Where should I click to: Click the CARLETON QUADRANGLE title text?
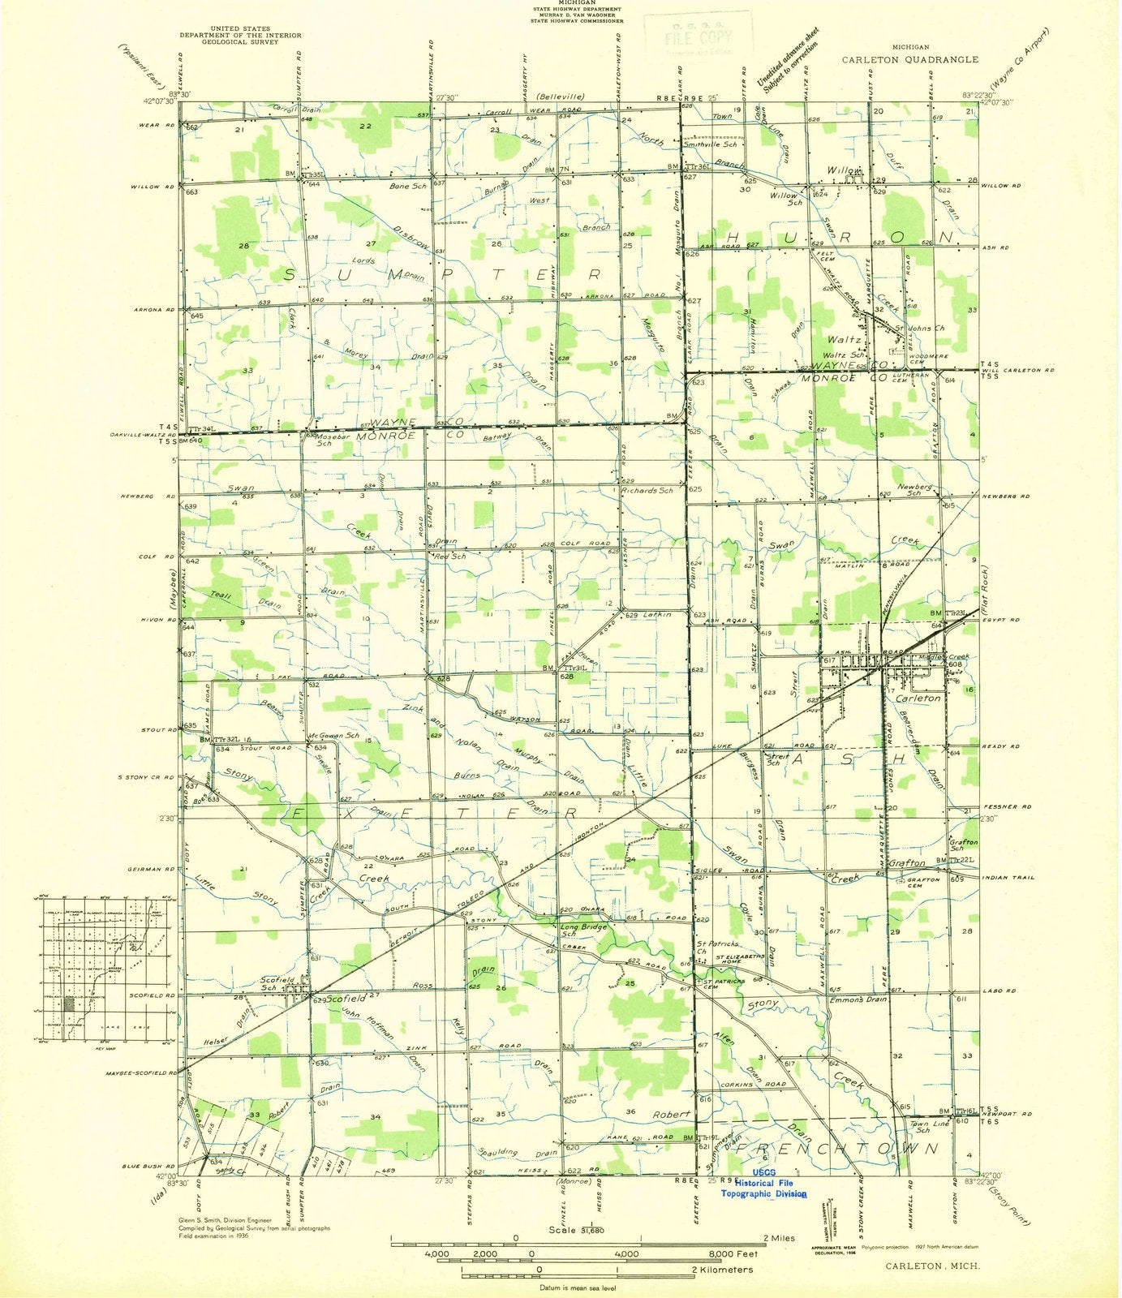910,59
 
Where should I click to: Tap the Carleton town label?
918,698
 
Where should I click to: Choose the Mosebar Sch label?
325,439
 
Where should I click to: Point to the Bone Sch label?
407,186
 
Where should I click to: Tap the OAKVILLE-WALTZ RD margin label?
144,433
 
